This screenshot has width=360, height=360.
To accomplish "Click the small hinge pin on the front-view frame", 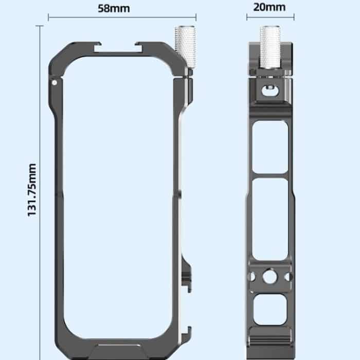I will pyautogui.click(x=55, y=82).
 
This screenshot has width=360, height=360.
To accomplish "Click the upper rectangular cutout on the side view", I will pyautogui.click(x=269, y=147).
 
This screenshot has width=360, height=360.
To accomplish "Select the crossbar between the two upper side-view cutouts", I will pyautogui.click(x=269, y=175).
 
